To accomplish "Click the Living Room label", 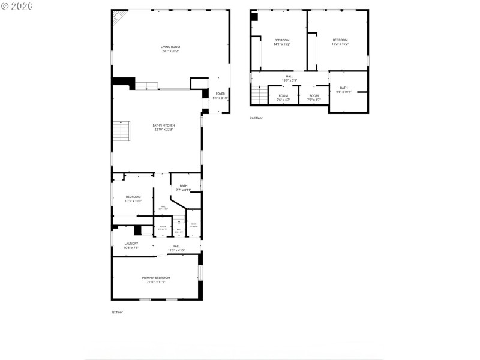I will [170, 49].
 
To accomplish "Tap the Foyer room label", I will [220, 95].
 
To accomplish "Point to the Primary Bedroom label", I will [156, 280].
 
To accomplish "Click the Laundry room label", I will [131, 245].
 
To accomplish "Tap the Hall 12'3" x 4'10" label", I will [176, 248].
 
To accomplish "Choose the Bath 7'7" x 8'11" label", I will [184, 188].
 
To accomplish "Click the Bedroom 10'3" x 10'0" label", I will [133, 199].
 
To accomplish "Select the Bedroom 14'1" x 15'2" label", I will [282, 41].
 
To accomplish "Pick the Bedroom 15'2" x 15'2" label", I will [340, 41].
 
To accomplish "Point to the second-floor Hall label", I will [290, 78].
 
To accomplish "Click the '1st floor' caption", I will [117, 312].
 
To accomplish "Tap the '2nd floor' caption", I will [256, 118].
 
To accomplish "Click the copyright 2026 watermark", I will [17, 6].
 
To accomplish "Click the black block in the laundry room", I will [137, 230].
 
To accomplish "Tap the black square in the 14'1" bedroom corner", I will [254, 17].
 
